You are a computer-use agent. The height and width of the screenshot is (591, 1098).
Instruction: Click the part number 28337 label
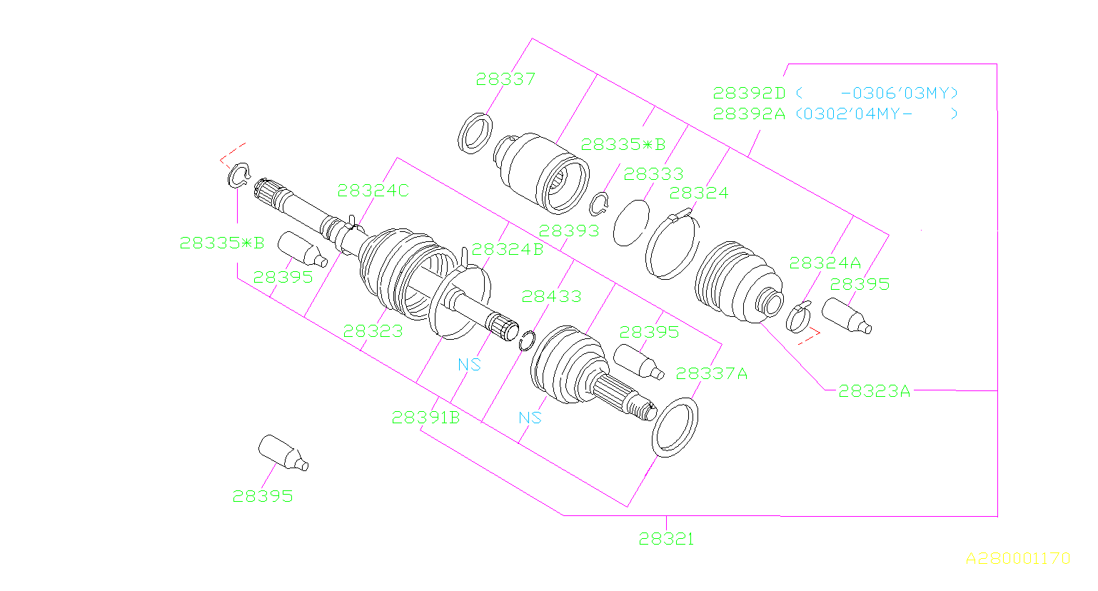click(505, 79)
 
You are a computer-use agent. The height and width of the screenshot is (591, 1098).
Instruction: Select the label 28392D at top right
click(749, 94)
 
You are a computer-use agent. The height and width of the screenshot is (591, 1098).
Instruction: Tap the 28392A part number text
click(749, 114)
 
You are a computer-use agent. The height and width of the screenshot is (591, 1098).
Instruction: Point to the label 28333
click(653, 174)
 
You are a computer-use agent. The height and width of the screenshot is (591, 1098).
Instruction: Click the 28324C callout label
click(373, 191)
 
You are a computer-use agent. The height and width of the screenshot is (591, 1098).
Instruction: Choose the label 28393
click(568, 231)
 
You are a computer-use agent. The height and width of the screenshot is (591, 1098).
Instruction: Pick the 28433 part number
click(551, 296)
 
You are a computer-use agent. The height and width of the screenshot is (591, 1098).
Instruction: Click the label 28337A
click(711, 374)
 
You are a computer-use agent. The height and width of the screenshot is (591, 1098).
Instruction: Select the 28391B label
click(425, 418)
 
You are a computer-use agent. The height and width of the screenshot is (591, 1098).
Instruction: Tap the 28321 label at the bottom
click(666, 540)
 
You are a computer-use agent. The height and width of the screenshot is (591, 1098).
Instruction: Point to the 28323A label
click(874, 391)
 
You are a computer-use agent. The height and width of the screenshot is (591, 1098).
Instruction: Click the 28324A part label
click(825, 263)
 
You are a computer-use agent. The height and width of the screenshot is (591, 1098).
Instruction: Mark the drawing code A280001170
click(1018, 559)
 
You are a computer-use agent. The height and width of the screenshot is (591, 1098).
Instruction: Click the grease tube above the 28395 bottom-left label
click(283, 453)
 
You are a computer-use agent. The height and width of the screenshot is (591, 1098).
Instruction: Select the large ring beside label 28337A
click(675, 428)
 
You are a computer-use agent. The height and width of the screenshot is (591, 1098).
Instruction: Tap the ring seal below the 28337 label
click(475, 133)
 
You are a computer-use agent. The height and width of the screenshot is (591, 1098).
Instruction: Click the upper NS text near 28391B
click(469, 365)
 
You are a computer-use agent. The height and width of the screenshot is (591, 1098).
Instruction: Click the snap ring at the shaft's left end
click(238, 175)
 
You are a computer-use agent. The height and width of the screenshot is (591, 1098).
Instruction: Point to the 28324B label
click(507, 249)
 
